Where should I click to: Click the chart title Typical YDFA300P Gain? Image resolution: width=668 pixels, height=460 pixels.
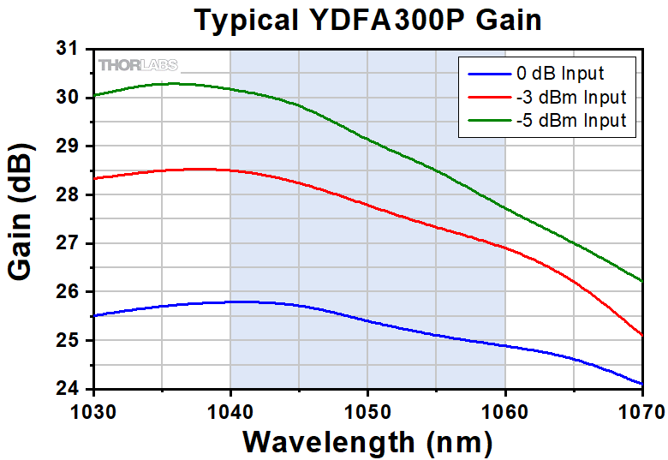(x=368, y=19)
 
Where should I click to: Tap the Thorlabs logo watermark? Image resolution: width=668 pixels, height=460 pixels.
(x=138, y=65)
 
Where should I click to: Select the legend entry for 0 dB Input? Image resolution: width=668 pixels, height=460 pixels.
(x=561, y=73)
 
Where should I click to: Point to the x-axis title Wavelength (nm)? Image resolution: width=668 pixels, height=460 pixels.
(x=367, y=441)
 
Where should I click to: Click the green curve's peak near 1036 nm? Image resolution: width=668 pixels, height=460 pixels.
(x=175, y=83)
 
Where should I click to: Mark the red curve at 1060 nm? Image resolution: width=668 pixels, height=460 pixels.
(x=504, y=248)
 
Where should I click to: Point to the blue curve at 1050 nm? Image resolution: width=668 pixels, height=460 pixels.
(x=367, y=321)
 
